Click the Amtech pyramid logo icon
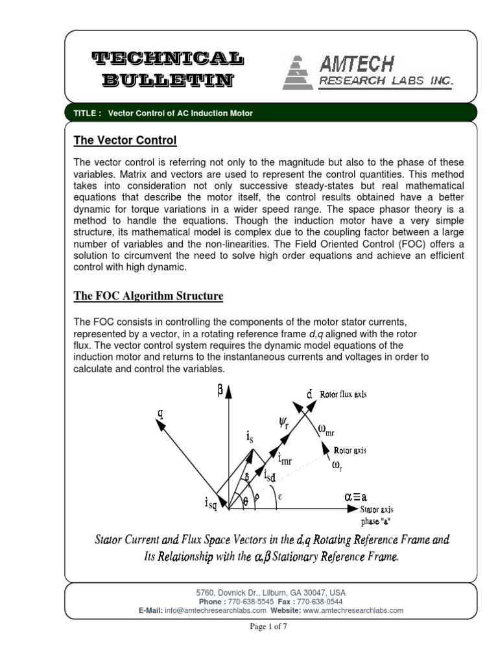[298, 72]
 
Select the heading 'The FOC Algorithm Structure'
[148, 296]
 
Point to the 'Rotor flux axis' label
[344, 394]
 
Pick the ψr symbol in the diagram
[283, 425]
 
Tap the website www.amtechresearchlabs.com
[353, 610]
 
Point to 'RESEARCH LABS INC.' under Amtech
[385, 81]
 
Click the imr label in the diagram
[285, 459]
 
